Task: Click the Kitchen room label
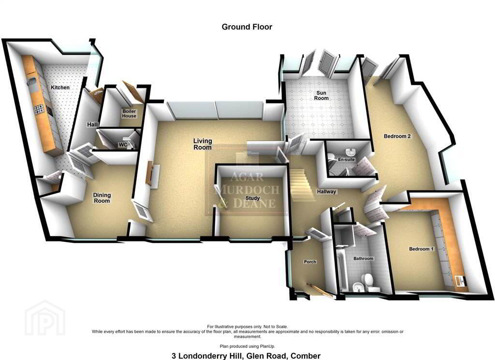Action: click(60, 87)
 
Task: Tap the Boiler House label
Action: click(129, 114)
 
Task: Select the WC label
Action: click(123, 145)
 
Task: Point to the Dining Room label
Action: click(102, 198)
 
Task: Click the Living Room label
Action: click(203, 144)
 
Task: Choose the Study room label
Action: click(252, 198)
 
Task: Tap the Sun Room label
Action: click(321, 95)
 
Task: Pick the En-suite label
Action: click(346, 160)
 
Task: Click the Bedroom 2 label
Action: click(397, 136)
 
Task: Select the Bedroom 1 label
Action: click(422, 249)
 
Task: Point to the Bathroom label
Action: click(364, 258)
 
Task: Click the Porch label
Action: click(310, 262)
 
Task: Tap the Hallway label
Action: click(327, 192)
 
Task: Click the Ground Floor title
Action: click(247, 27)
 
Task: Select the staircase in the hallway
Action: click(302, 184)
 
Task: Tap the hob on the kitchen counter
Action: click(39, 109)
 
